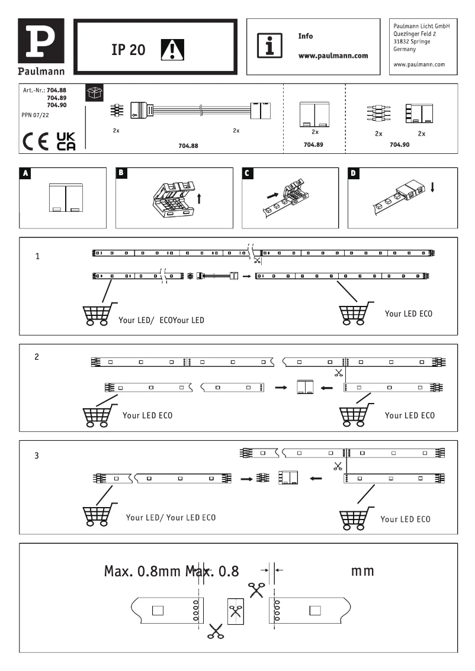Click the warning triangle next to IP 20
point(173,50)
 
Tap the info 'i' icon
point(269,46)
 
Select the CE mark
point(36,143)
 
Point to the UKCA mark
point(66,142)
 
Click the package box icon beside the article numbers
point(94,92)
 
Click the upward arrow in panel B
point(199,198)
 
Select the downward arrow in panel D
point(433,187)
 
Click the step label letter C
point(249,173)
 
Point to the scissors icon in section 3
point(338,466)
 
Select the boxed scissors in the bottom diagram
point(235,609)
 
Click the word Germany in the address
point(405,50)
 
